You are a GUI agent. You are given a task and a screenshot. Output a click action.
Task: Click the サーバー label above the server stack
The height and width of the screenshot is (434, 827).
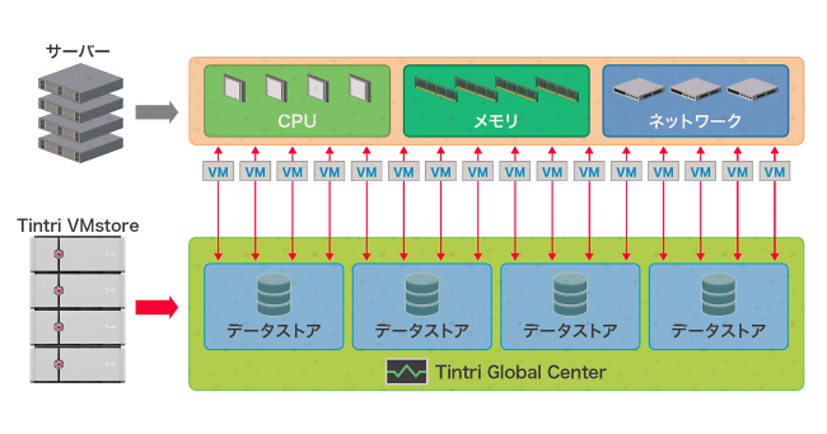click(78, 52)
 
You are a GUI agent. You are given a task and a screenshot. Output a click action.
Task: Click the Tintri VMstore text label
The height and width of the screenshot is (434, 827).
click(77, 225)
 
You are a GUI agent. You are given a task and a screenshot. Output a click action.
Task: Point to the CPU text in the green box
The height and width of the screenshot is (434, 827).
click(297, 122)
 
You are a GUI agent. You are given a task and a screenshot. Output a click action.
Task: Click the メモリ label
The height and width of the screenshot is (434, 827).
click(496, 122)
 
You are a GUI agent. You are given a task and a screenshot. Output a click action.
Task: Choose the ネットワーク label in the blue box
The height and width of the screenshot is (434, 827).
click(695, 122)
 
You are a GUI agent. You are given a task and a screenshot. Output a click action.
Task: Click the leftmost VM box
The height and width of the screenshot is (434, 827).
click(218, 172)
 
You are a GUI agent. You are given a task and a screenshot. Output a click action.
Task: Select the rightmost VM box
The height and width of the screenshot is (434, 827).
click(776, 172)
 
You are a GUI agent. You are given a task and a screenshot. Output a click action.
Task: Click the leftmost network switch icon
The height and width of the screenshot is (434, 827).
click(638, 87)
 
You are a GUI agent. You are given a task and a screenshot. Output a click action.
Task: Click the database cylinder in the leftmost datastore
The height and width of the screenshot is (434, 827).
click(274, 294)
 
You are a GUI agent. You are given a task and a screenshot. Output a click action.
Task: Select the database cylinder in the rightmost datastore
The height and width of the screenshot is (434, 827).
click(718, 294)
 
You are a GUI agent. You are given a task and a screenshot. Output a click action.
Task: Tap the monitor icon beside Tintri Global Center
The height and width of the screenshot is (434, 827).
click(407, 372)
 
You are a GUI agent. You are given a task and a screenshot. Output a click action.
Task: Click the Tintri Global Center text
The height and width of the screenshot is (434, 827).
click(520, 373)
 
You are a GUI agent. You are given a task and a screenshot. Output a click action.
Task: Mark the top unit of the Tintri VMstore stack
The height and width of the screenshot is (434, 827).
click(77, 254)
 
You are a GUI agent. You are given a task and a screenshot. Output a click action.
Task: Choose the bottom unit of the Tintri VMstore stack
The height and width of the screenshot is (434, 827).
click(77, 364)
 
